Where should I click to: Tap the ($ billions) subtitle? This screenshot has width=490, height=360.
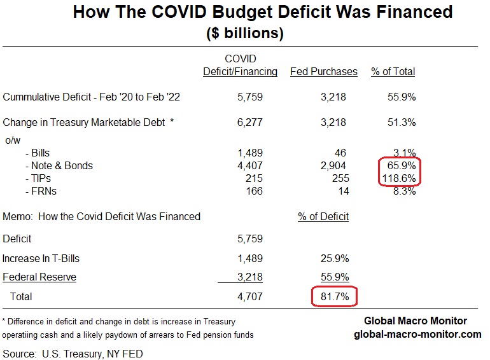click(245, 33)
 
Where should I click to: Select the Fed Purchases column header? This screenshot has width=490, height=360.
click(323, 72)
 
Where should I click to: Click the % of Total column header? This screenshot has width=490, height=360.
click(393, 72)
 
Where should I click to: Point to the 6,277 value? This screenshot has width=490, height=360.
click(249, 122)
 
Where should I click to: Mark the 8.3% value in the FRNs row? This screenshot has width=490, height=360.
click(404, 191)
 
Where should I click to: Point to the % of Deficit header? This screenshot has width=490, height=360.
click(323, 216)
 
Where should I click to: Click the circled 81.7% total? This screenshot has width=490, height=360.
click(333, 296)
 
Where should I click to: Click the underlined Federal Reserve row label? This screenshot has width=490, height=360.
click(39, 277)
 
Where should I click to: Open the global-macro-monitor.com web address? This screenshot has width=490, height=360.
click(417, 334)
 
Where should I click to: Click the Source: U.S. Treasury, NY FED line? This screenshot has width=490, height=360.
click(73, 353)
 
